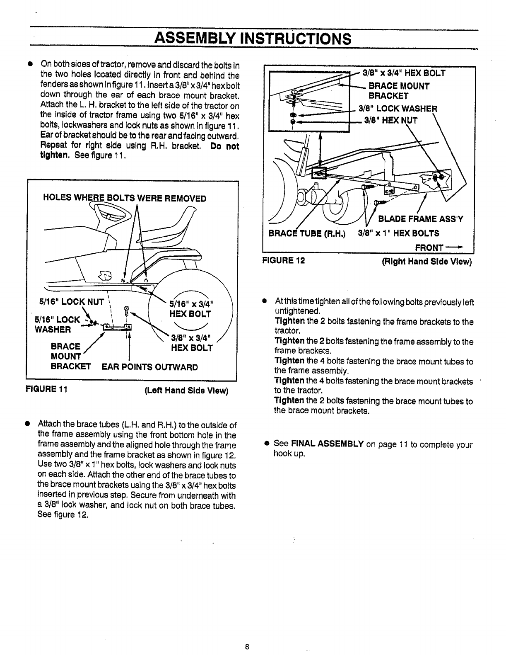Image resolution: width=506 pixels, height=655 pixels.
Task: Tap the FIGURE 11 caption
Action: coord(47,390)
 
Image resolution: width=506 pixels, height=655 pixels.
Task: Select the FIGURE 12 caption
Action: coord(284,262)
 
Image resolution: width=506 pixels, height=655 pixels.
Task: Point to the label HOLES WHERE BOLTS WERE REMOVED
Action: coord(125,199)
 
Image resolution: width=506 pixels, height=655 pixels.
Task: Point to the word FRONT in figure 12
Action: coord(429,247)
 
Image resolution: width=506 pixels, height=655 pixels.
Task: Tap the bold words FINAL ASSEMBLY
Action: coord(328,444)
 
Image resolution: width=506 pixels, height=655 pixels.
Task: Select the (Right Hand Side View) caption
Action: coord(426,262)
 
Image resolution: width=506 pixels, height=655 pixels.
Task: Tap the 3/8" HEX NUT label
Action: coord(391,121)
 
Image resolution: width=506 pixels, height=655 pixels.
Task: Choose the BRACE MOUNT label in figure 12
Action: coord(399,86)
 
